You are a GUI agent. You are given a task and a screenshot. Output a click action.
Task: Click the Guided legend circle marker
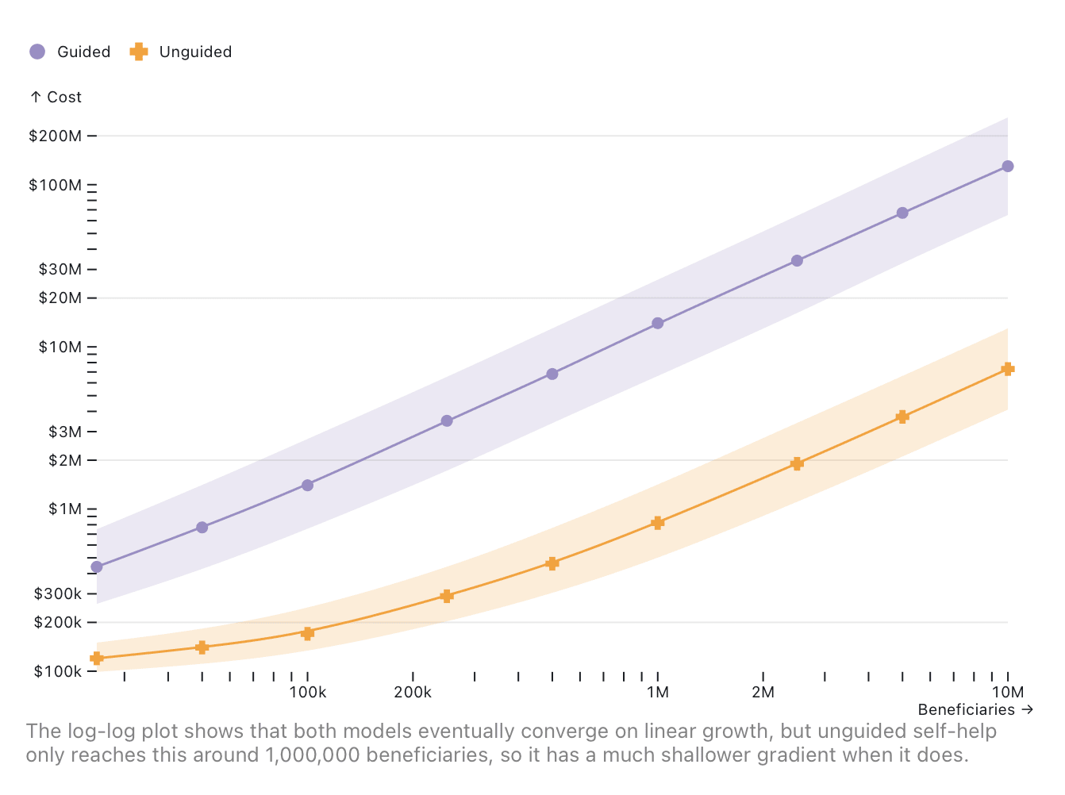tap(37, 52)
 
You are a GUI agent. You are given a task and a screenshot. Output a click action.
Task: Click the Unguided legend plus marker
tap(139, 52)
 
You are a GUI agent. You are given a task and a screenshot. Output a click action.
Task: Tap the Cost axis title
tap(56, 97)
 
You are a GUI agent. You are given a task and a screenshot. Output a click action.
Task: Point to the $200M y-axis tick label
tap(56, 136)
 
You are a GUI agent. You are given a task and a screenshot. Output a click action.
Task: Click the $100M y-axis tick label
tap(56, 185)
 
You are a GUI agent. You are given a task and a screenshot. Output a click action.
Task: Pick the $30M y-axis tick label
tap(60, 269)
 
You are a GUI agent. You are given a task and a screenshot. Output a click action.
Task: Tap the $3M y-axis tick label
tap(65, 432)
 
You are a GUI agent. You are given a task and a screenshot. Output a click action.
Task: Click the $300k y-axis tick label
tap(58, 593)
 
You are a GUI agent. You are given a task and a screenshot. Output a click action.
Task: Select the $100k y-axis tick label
tap(58, 671)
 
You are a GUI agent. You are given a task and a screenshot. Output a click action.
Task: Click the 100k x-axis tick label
tap(308, 692)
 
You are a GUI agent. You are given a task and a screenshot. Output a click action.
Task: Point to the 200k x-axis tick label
tap(413, 692)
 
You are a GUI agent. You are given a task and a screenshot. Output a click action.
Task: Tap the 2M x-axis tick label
tap(763, 692)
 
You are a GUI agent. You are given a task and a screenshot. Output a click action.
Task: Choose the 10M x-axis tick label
tap(1007, 692)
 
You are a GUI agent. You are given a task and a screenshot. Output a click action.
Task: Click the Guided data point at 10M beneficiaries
tap(1008, 166)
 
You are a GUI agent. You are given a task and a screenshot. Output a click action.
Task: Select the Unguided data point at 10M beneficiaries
tap(1008, 369)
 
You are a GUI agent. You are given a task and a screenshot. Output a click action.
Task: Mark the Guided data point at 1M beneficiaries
tap(658, 323)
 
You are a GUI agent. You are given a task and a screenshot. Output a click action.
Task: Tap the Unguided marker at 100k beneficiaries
tap(308, 633)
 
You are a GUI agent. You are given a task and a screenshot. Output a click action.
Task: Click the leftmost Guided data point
tap(97, 566)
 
